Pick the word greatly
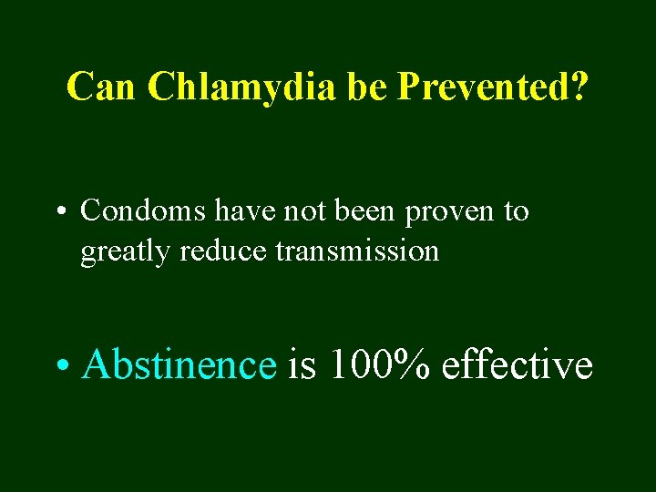(126, 251)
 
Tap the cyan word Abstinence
(179, 365)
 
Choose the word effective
(517, 365)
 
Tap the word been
(369, 211)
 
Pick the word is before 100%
(302, 365)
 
